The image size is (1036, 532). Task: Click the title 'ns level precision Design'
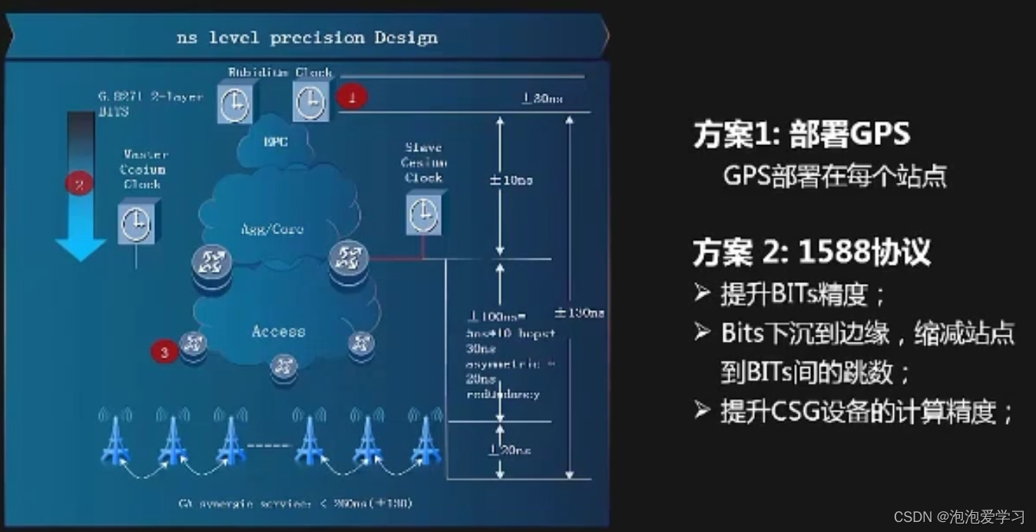(x=306, y=37)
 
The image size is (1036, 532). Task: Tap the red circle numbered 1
(x=353, y=97)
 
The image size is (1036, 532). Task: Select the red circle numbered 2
(x=78, y=183)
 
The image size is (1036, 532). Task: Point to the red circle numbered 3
(x=164, y=352)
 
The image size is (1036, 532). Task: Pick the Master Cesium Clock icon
(x=137, y=222)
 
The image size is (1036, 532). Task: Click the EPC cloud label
(x=276, y=141)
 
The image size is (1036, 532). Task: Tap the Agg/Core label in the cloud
(x=273, y=229)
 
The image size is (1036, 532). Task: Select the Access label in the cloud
(x=278, y=332)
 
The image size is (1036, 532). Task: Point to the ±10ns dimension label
(x=511, y=180)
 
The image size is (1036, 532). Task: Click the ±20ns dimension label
(x=511, y=450)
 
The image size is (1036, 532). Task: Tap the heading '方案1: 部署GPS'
(x=801, y=135)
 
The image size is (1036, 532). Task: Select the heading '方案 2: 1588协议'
(x=811, y=252)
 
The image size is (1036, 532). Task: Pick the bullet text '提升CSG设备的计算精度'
(x=866, y=412)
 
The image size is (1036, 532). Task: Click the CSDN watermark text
(x=959, y=517)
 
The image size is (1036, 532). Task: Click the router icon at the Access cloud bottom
(x=284, y=364)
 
